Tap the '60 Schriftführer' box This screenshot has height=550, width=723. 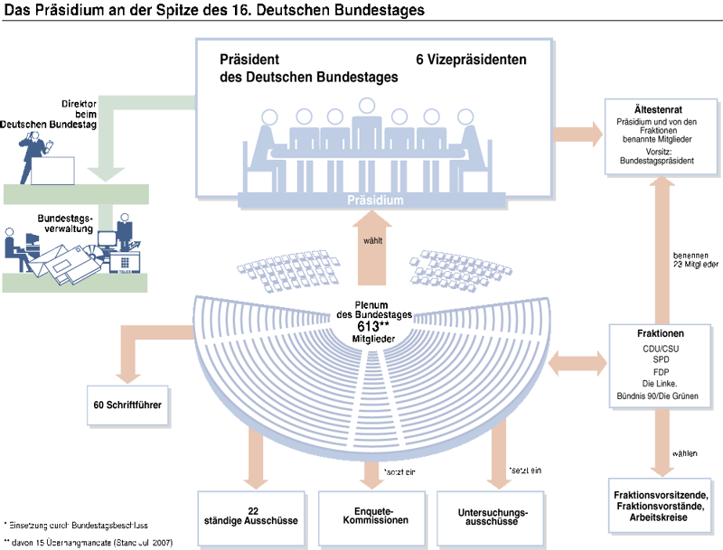[127, 405]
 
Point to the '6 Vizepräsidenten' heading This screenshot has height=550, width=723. [471, 60]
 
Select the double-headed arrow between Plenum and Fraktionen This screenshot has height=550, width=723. [576, 365]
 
